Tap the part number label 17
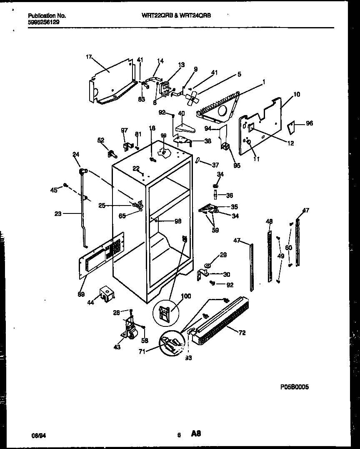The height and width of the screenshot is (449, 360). tap(88, 57)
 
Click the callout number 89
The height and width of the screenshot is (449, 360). tap(80, 294)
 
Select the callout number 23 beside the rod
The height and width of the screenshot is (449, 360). tap(57, 214)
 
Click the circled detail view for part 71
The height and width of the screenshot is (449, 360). tap(171, 341)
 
